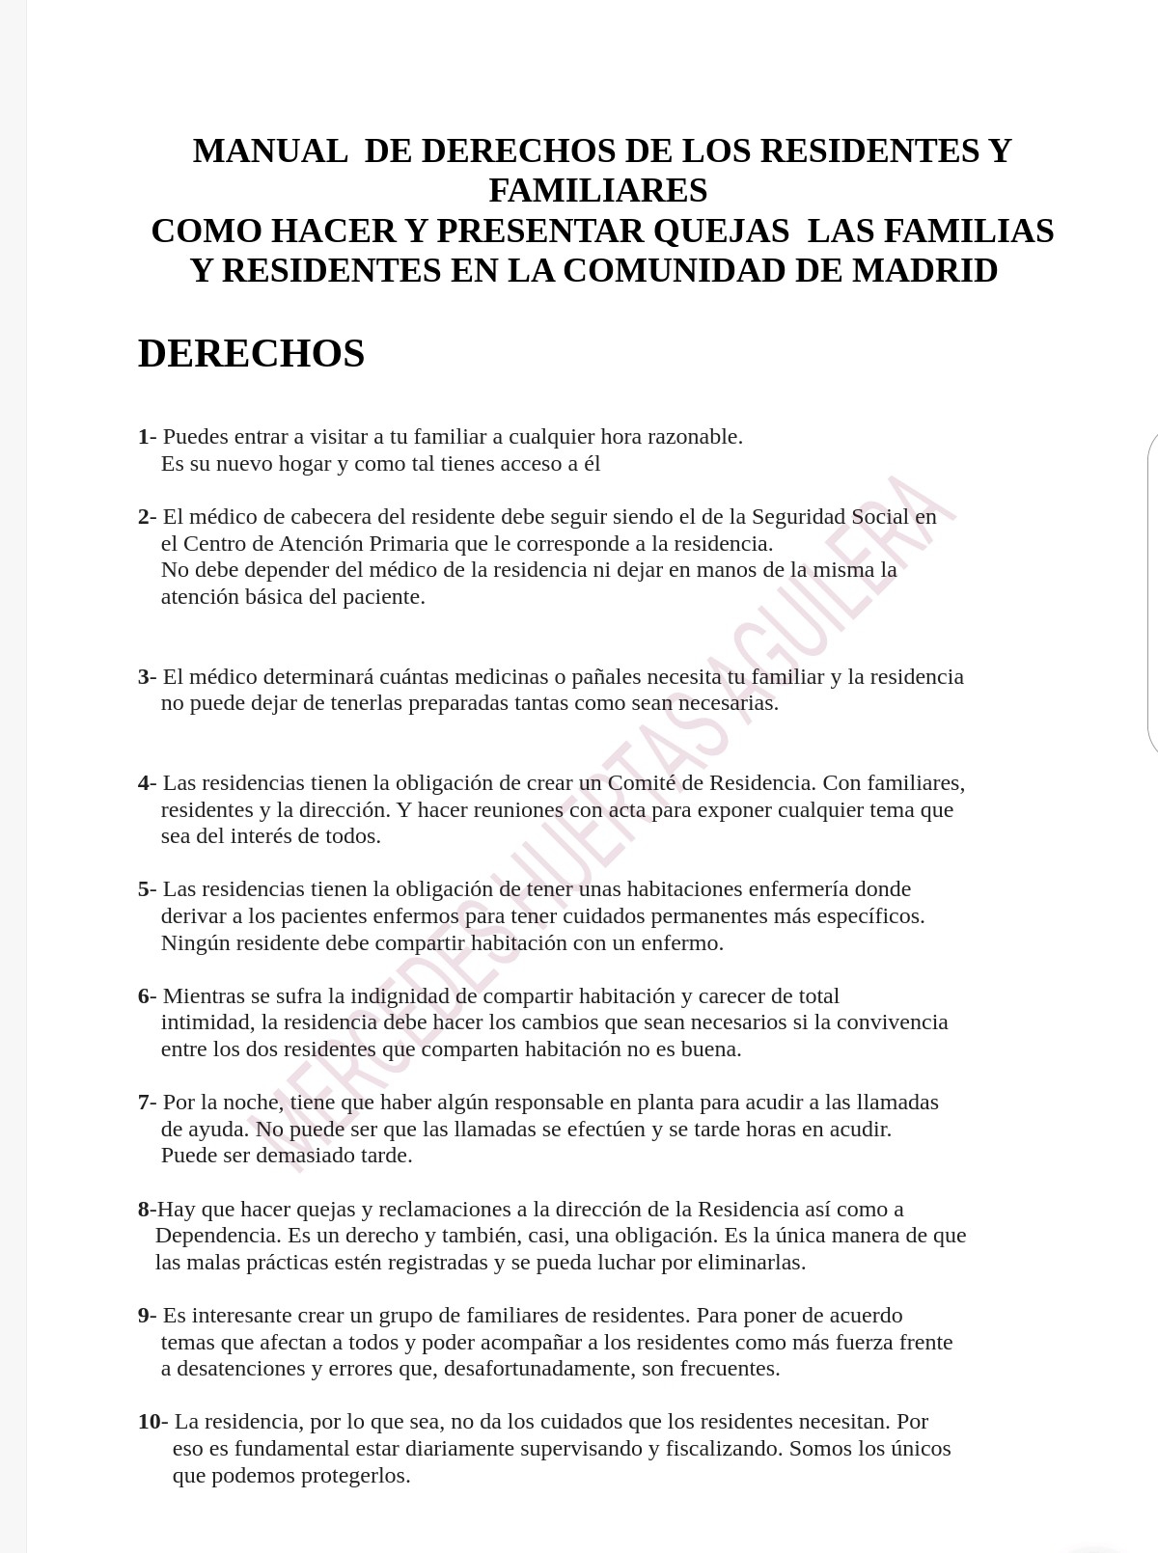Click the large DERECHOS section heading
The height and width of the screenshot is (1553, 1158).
tap(251, 354)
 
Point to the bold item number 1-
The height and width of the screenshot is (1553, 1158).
tap(147, 437)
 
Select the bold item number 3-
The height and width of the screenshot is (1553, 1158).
tap(147, 677)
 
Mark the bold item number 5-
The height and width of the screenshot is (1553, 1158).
tap(147, 889)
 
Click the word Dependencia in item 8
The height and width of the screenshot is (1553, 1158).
tap(215, 1236)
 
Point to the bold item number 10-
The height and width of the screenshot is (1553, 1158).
tap(152, 1422)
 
